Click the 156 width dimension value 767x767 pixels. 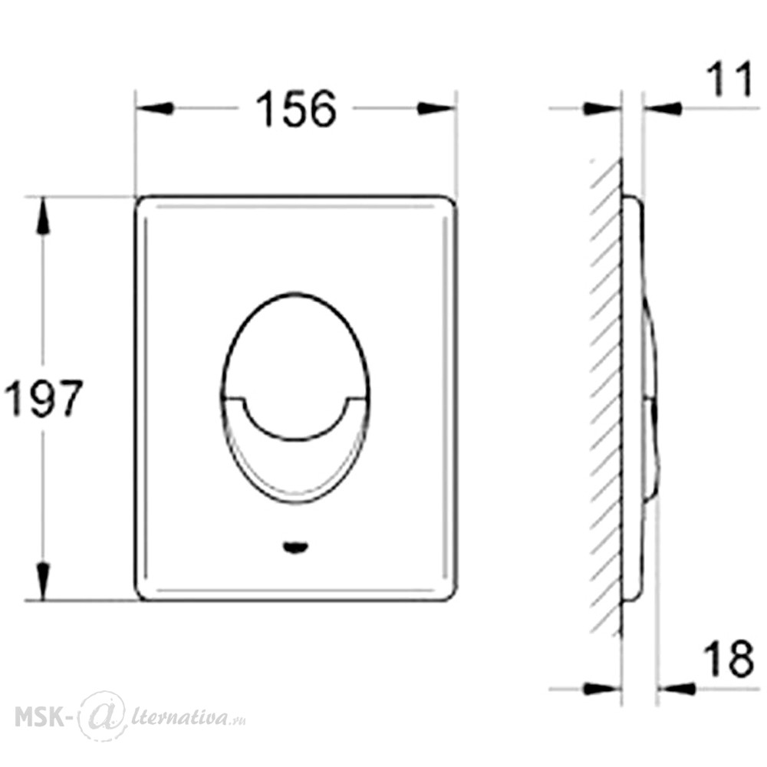click(296, 109)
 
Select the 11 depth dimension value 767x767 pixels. click(729, 79)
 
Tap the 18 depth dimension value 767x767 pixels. click(729, 658)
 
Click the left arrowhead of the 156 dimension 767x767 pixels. click(155, 108)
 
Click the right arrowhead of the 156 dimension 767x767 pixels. click(436, 108)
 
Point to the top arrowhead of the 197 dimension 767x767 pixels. click(43, 216)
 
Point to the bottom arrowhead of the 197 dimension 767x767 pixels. click(43, 581)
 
